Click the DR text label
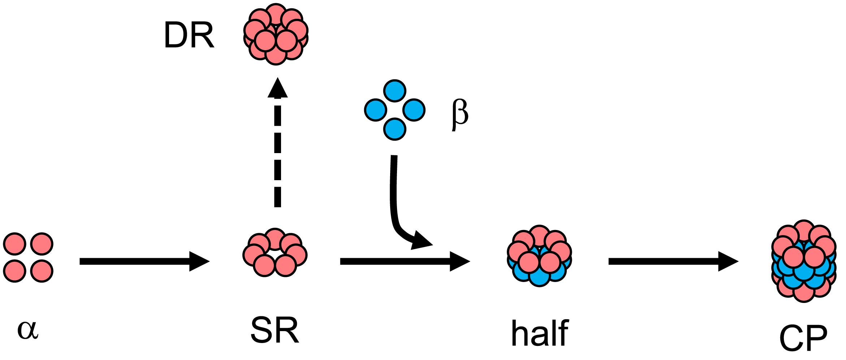click(x=189, y=35)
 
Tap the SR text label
click(x=275, y=330)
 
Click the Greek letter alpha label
click(x=27, y=330)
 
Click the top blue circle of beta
click(x=395, y=91)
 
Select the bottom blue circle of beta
click(x=395, y=129)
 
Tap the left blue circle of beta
click(x=376, y=110)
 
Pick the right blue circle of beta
click(x=414, y=110)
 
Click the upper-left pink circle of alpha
click(x=15, y=244)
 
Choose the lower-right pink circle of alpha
click(x=42, y=271)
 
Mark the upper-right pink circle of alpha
click(x=42, y=244)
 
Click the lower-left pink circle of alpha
click(x=15, y=271)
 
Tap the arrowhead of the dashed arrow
click(x=277, y=88)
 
